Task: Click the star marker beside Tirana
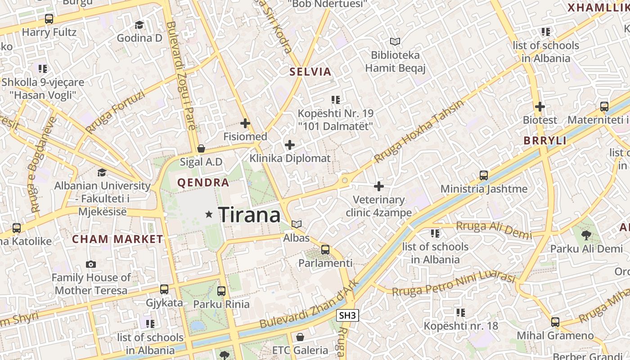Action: pyautogui.click(x=209, y=215)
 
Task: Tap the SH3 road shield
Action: pyautogui.click(x=347, y=315)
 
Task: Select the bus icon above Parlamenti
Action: pyautogui.click(x=325, y=249)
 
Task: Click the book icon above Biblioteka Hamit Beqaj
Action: pyautogui.click(x=395, y=42)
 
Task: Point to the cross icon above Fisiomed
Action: pyautogui.click(x=245, y=123)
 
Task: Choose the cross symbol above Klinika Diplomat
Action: pyautogui.click(x=290, y=145)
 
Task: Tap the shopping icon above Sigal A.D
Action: pyautogui.click(x=201, y=148)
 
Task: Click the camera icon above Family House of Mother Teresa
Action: pyautogui.click(x=91, y=264)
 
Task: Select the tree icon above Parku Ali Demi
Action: pyautogui.click(x=586, y=235)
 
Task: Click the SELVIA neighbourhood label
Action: pyautogui.click(x=310, y=72)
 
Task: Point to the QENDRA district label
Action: pyautogui.click(x=203, y=183)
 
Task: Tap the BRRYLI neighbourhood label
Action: pyautogui.click(x=545, y=140)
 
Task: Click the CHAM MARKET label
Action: pyautogui.click(x=117, y=239)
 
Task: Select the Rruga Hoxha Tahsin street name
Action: pyautogui.click(x=418, y=131)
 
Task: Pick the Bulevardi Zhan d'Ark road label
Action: pyautogui.click(x=309, y=305)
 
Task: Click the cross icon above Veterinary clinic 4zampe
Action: pyautogui.click(x=379, y=186)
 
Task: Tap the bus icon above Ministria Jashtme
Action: pyautogui.click(x=484, y=175)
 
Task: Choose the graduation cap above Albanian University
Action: pyautogui.click(x=102, y=172)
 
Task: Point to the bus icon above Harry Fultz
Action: pyautogui.click(x=49, y=19)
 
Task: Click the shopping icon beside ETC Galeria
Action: pyautogui.click(x=300, y=337)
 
